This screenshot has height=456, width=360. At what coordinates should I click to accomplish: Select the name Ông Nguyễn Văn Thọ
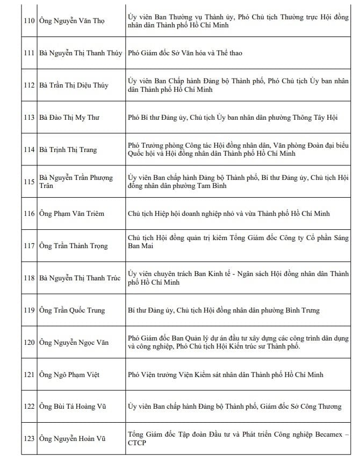(x=72, y=21)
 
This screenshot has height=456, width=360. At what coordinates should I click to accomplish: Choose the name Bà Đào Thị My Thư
(x=69, y=117)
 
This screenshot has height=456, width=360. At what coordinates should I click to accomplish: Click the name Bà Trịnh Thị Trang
(x=68, y=149)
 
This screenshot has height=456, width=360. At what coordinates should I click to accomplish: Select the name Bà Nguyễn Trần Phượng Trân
(x=76, y=182)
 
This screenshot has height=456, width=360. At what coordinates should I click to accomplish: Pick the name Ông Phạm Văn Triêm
(x=72, y=214)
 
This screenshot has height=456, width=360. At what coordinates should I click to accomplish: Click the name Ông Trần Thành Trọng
(x=74, y=246)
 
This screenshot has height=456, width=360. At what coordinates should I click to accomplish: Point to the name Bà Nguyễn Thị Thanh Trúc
(x=80, y=278)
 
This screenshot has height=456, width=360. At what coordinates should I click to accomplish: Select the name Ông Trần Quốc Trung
(x=72, y=310)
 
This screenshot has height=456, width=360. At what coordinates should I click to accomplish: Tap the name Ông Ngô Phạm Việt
(x=69, y=374)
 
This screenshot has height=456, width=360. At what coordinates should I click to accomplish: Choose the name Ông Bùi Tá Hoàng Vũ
(x=73, y=407)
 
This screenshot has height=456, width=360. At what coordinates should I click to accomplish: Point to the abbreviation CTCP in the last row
(x=138, y=444)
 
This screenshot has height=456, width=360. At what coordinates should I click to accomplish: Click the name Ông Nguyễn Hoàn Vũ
(x=73, y=439)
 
